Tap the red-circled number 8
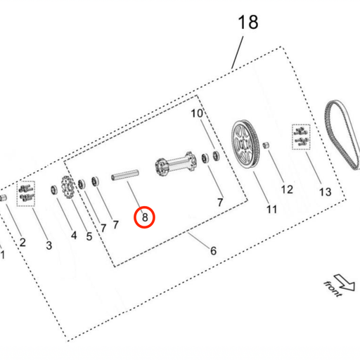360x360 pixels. click(x=145, y=217)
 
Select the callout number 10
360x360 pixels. click(x=197, y=113)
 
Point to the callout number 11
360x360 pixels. click(x=271, y=209)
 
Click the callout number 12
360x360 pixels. click(x=286, y=188)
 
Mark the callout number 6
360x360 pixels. click(x=214, y=250)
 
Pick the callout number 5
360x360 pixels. click(x=89, y=236)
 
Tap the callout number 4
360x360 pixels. click(x=73, y=235)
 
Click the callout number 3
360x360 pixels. click(x=49, y=245)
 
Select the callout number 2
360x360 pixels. click(x=22, y=243)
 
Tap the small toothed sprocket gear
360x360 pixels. click(x=69, y=189)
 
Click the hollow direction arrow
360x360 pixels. click(x=345, y=281)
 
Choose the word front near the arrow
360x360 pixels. click(x=331, y=288)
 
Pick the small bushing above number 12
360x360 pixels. click(x=267, y=146)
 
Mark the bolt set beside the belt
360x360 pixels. click(x=301, y=135)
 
